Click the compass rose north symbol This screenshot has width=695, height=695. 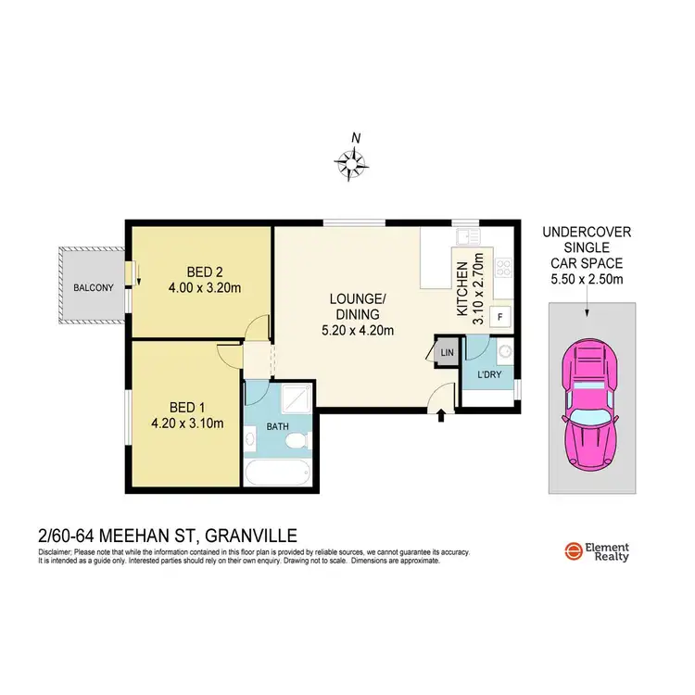(x=352, y=163)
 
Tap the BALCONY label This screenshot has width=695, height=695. (x=93, y=288)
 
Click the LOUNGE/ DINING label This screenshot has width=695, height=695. (x=356, y=306)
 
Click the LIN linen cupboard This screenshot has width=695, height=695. (x=447, y=352)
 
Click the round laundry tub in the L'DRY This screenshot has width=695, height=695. (x=503, y=350)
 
